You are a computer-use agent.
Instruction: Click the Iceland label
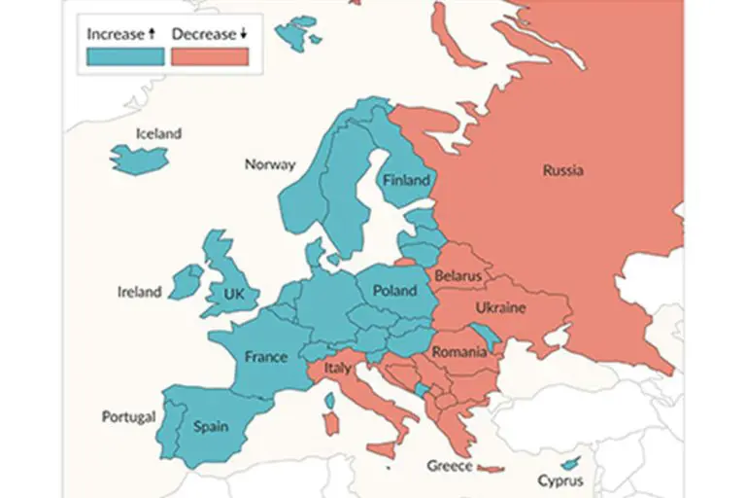tap(158, 133)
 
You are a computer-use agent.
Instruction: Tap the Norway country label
tap(269, 164)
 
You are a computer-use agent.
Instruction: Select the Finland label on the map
tap(406, 180)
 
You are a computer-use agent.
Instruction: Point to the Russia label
tap(563, 171)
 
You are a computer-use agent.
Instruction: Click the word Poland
tap(394, 291)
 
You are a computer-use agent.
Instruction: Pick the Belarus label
tap(458, 276)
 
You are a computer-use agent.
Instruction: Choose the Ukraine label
tap(500, 308)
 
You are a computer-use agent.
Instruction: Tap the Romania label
tap(458, 351)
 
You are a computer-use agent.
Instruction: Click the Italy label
tap(337, 369)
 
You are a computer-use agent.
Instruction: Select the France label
tap(265, 357)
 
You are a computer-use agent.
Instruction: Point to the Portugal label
tap(128, 417)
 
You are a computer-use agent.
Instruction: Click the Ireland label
tap(139, 292)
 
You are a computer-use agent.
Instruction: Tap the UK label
tap(234, 293)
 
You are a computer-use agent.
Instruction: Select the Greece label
tap(450, 466)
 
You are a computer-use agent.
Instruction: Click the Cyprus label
tap(560, 480)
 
